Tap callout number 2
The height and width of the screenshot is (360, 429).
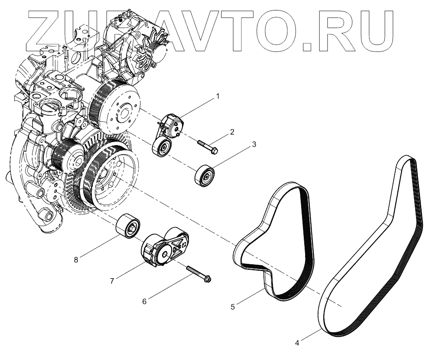pyautogui.click(x=232, y=132)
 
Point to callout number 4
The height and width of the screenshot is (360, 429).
pyautogui.click(x=297, y=343)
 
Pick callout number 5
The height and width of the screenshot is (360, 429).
pyautogui.click(x=233, y=307)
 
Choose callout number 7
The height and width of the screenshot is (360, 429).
pyautogui.click(x=112, y=281)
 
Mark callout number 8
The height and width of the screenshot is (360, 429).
pyautogui.click(x=76, y=260)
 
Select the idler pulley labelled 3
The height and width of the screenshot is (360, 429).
pyautogui.click(x=203, y=175)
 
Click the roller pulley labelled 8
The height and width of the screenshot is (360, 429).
pyautogui.click(x=128, y=224)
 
